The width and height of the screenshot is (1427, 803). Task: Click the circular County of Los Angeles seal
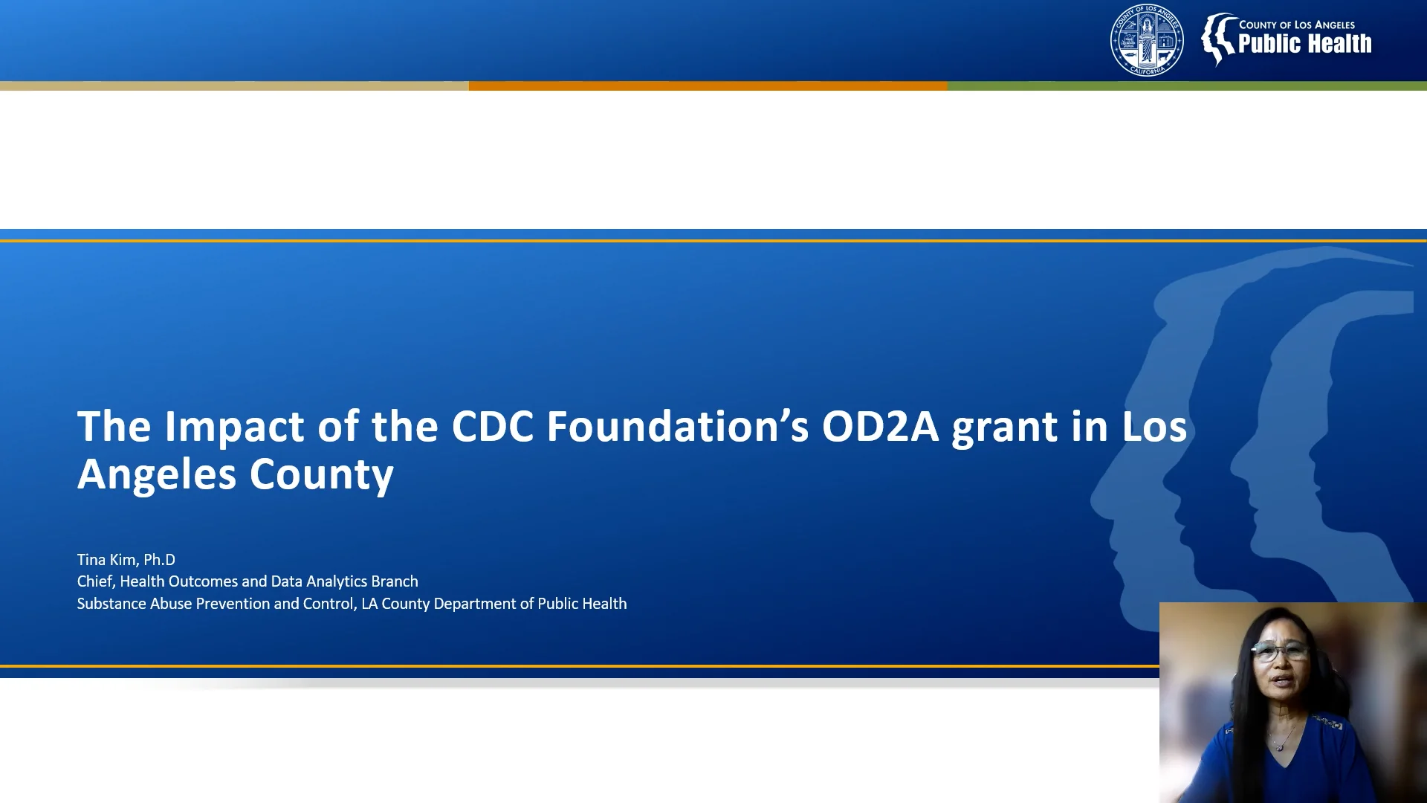1147,40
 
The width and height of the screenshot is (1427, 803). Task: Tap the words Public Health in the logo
1304,45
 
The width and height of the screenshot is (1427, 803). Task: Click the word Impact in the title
234,428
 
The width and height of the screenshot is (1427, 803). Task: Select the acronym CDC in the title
492,427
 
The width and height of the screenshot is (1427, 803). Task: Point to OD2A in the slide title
880,427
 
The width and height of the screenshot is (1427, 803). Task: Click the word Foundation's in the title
677,427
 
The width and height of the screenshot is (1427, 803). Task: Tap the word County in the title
321,474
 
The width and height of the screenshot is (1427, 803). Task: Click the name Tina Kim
107,560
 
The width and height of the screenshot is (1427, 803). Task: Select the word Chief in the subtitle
95,581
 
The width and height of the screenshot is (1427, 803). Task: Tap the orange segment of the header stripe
708,86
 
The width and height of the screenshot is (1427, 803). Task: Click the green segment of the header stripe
1186,86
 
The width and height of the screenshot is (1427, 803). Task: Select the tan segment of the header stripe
234,86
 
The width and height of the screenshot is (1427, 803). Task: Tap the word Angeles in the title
157,474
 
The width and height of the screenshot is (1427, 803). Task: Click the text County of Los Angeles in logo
1296,25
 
